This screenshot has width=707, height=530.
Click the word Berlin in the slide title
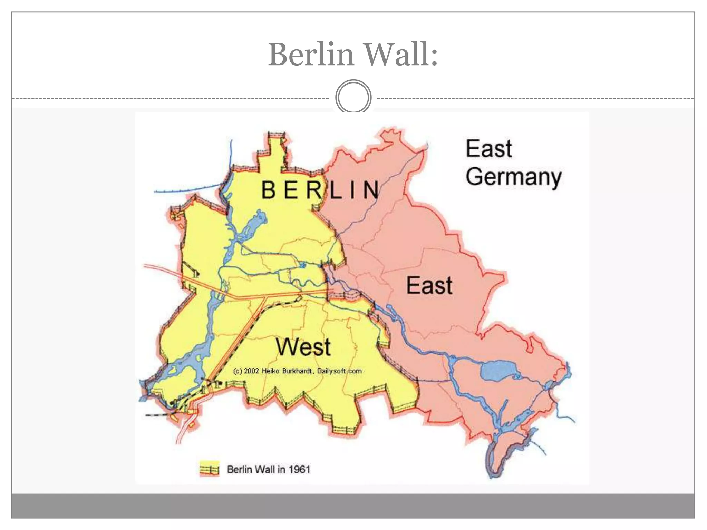(311, 54)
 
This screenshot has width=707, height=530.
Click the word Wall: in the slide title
(401, 54)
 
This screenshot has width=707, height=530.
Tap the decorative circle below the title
(353, 97)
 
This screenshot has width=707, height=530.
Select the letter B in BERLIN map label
(268, 190)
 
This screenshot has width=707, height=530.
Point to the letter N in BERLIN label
(371, 190)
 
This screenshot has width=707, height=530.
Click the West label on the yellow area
(303, 347)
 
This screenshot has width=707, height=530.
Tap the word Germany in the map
(513, 177)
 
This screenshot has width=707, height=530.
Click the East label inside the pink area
(429, 285)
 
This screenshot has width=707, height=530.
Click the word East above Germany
(488, 149)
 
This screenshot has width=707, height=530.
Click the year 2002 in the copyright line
(251, 371)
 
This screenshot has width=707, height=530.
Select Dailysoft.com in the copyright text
(339, 371)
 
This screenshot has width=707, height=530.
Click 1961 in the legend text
(299, 470)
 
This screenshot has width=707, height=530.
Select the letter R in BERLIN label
(314, 190)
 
